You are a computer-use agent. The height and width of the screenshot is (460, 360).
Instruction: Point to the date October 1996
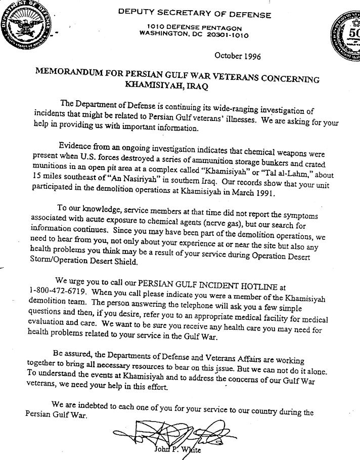238,56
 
